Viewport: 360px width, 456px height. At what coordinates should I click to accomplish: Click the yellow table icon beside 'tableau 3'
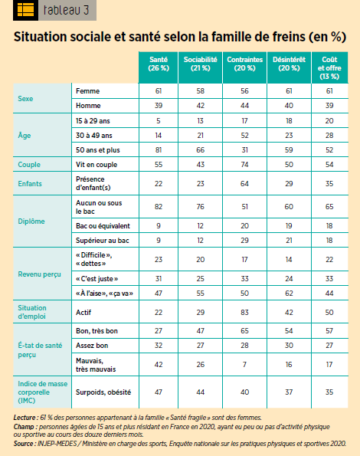click(x=25, y=10)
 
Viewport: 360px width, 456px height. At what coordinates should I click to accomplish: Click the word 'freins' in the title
click(x=289, y=37)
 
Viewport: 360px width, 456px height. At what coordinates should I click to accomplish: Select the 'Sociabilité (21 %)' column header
click(x=200, y=64)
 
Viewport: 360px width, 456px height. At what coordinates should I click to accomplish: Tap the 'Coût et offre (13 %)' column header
click(x=329, y=67)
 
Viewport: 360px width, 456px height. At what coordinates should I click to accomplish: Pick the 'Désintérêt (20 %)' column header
click(x=289, y=64)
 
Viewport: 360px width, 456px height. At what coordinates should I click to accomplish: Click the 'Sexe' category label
click(x=25, y=99)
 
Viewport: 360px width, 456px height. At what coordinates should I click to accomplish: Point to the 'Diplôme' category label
click(x=31, y=221)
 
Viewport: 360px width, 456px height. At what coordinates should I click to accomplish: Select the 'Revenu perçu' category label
click(x=40, y=274)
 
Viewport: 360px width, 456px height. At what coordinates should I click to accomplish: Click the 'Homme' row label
click(x=88, y=106)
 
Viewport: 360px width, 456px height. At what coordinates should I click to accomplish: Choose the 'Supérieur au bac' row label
click(x=103, y=241)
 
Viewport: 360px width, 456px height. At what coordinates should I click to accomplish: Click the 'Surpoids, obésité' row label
click(x=103, y=392)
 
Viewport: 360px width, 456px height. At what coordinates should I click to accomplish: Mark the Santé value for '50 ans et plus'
click(x=159, y=150)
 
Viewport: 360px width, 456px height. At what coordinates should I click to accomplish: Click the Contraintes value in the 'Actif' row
click(x=244, y=313)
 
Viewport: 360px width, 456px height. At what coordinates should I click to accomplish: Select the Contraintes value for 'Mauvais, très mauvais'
click(x=244, y=365)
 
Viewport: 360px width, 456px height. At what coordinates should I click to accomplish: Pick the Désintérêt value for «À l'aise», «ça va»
click(x=289, y=293)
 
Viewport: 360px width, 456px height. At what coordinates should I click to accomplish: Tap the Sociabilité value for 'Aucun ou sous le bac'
click(x=200, y=207)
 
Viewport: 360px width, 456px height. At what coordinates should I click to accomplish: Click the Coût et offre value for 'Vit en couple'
click(x=329, y=165)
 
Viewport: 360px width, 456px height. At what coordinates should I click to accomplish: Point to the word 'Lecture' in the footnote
click(x=25, y=418)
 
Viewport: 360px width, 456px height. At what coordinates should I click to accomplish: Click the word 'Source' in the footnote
click(x=24, y=444)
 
